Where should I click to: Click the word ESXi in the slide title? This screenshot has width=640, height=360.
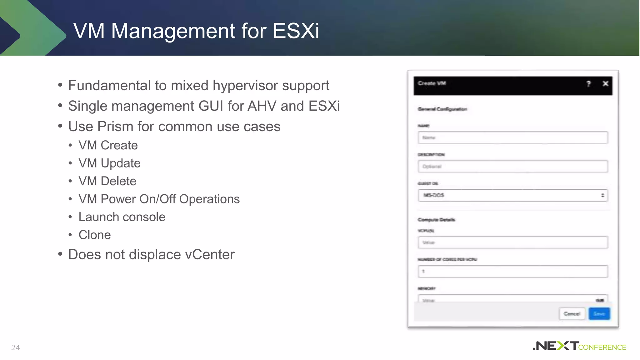click(296, 31)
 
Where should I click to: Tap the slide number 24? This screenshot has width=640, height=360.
click(15, 347)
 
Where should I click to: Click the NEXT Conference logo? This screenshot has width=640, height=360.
click(579, 346)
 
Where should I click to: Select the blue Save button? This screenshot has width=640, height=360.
click(599, 314)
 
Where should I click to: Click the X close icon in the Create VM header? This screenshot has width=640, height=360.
click(605, 83)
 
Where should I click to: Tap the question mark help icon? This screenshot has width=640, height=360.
click(588, 83)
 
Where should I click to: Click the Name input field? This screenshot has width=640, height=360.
click(512, 137)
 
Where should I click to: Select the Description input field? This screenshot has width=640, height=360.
click(512, 166)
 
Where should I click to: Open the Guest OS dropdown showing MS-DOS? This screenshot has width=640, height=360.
click(512, 195)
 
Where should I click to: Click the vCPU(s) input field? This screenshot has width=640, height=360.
click(512, 242)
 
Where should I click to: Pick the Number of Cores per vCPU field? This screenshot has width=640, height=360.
click(512, 271)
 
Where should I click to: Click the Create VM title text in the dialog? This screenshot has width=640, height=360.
click(432, 83)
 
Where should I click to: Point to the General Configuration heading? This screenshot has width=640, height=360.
click(442, 109)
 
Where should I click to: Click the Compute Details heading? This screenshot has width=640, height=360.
click(436, 220)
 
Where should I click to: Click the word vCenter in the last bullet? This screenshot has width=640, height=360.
click(210, 254)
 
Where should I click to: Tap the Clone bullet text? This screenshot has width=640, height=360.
click(95, 235)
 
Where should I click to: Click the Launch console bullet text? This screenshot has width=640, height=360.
click(122, 217)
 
